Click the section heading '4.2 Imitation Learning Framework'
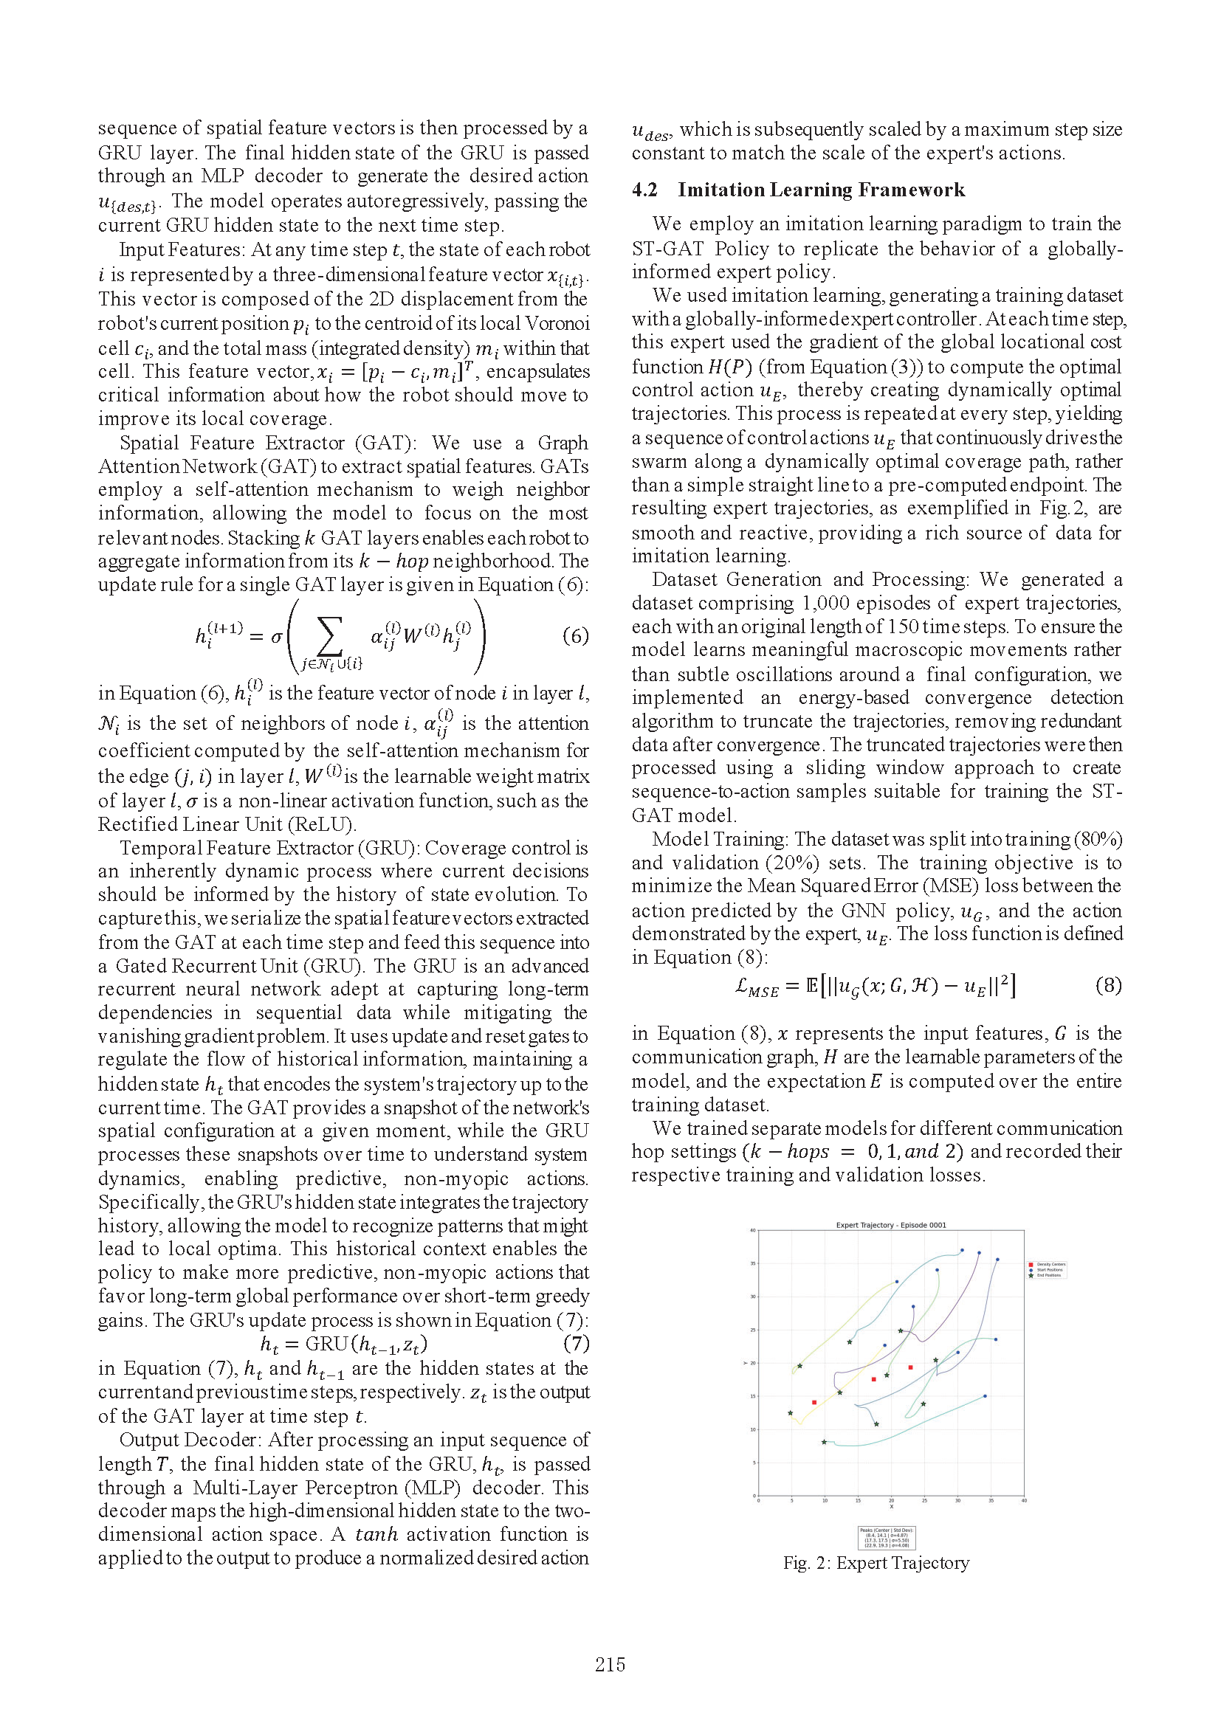coord(798,190)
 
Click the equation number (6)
coord(575,636)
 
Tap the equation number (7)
coord(575,1342)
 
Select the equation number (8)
coord(1108,985)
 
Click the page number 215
coord(610,1664)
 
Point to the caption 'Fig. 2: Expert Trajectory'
coord(876,1563)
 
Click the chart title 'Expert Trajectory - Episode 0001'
coord(891,1226)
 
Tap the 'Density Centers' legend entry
coord(1048,1265)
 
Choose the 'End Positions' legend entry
coord(1048,1275)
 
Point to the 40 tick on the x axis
coord(1024,1501)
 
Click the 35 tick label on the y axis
coord(751,1263)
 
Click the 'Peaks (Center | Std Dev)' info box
coord(887,1536)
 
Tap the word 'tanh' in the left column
coord(376,1534)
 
